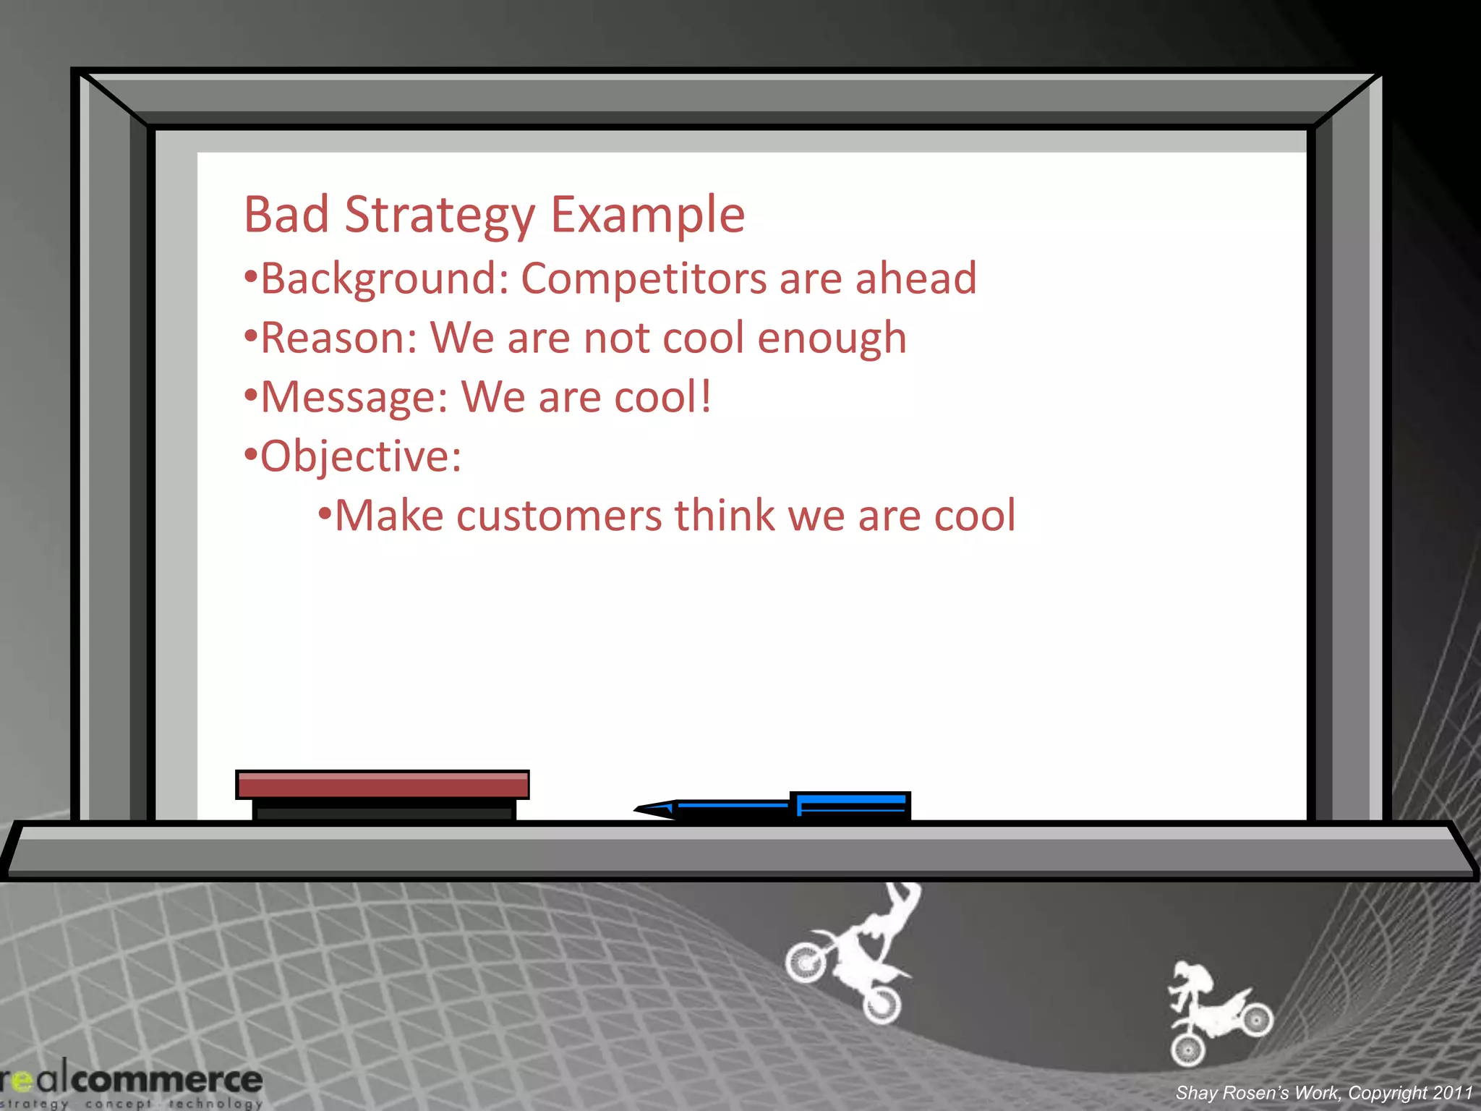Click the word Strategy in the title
point(440,216)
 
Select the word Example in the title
point(647,216)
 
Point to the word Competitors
point(643,279)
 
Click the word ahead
point(916,278)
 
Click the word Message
point(354,398)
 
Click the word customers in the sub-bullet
point(558,516)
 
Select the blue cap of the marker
point(851,805)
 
